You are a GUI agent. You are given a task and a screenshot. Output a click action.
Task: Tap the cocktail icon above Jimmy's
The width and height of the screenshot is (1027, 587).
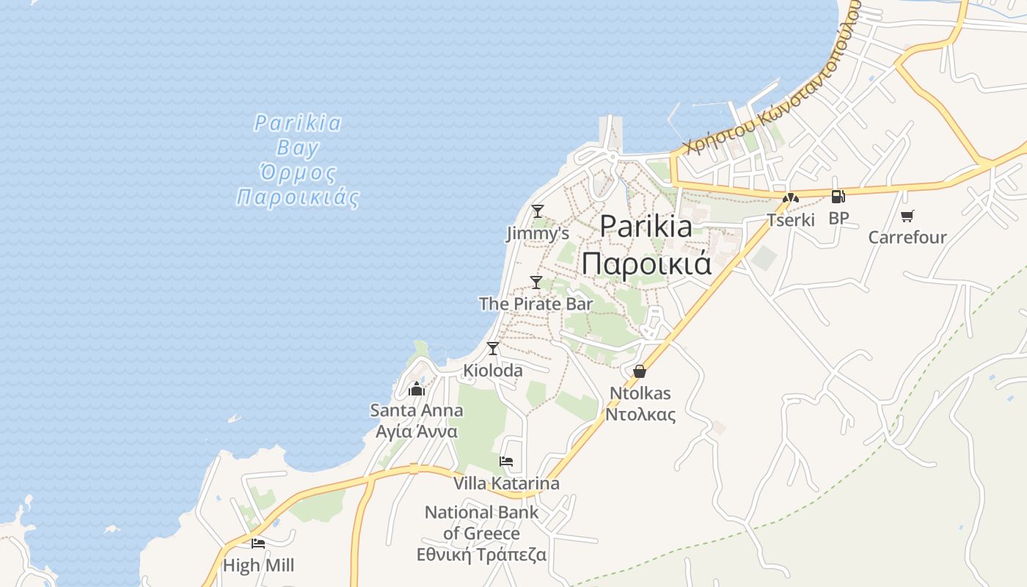pos(538,211)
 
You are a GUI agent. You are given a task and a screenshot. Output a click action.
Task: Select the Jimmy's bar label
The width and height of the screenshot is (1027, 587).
pos(538,233)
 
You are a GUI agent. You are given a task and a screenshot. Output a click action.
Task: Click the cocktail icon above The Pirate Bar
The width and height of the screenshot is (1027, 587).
pos(536,282)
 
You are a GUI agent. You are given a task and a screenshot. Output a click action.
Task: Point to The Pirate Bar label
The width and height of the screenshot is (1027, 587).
pos(536,303)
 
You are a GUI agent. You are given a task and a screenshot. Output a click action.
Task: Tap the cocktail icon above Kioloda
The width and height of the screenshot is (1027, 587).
pos(493,348)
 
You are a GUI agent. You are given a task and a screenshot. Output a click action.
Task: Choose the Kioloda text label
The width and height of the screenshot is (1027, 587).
pos(493,371)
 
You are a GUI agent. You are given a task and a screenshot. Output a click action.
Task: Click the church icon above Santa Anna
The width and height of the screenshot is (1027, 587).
pos(417,388)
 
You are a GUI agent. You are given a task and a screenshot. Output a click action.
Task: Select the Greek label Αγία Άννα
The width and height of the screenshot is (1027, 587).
pos(417,431)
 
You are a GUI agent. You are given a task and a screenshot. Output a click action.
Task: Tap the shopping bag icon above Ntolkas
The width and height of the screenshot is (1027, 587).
pos(640,371)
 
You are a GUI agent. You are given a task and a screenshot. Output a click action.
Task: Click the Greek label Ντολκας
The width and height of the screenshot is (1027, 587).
pos(640,414)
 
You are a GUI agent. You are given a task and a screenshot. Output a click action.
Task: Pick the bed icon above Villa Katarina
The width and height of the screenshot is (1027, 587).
pos(506,462)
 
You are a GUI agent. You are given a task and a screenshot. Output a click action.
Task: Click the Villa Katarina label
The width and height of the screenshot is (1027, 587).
pos(506,484)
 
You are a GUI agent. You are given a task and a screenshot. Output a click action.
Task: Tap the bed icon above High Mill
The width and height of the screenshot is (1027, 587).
pos(258,544)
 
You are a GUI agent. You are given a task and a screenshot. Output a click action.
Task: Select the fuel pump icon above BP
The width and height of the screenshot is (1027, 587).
pos(838,196)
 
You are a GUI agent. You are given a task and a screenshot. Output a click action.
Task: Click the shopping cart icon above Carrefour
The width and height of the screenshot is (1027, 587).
pos(907,216)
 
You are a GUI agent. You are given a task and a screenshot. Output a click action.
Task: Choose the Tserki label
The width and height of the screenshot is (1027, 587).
pos(791,219)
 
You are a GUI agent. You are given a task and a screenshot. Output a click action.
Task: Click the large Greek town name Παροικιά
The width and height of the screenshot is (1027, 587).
pos(647,263)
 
